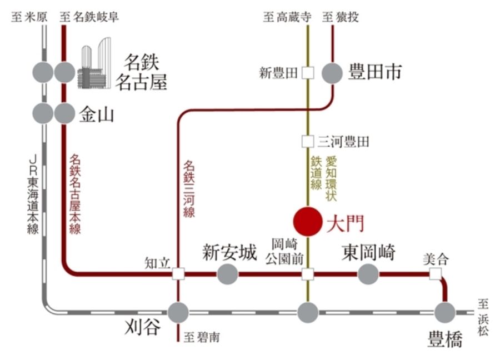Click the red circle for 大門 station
[x=307, y=221]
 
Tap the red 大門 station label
[x=344, y=223]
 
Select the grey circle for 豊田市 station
[x=332, y=73]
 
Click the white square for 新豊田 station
[x=307, y=73]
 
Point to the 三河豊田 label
[x=344, y=142]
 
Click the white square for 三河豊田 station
[x=307, y=141]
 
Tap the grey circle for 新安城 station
[x=227, y=273]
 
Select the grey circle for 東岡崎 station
[x=368, y=273]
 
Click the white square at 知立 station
[x=178, y=273]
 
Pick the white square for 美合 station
[x=435, y=273]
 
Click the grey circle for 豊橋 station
[x=444, y=313]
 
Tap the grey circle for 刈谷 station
[x=178, y=313]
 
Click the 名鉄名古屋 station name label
[x=141, y=72]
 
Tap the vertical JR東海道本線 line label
[x=33, y=195]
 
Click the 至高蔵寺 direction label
[x=287, y=17]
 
